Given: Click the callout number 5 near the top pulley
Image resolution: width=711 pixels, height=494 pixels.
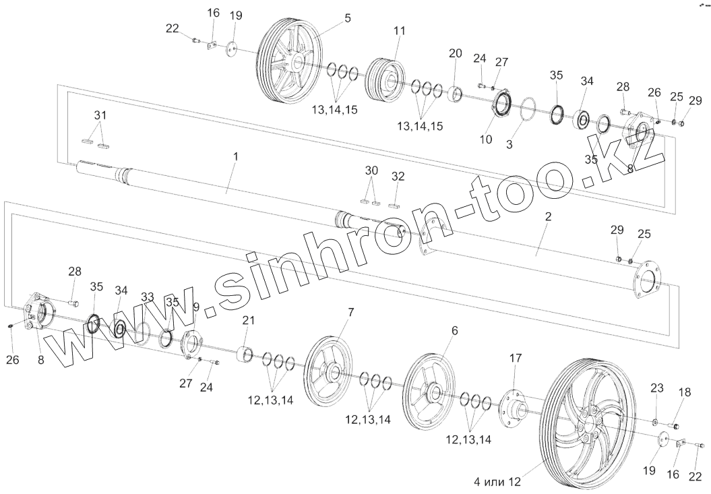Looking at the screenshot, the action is tap(347, 18).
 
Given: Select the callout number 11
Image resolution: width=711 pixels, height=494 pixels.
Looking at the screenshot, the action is tap(400, 31).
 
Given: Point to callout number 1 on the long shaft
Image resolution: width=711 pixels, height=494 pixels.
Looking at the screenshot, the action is tap(235, 156).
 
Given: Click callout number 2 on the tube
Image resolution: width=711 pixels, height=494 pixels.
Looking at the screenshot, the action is tap(548, 217).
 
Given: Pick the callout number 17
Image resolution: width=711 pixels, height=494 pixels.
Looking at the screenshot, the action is tap(516, 359).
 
